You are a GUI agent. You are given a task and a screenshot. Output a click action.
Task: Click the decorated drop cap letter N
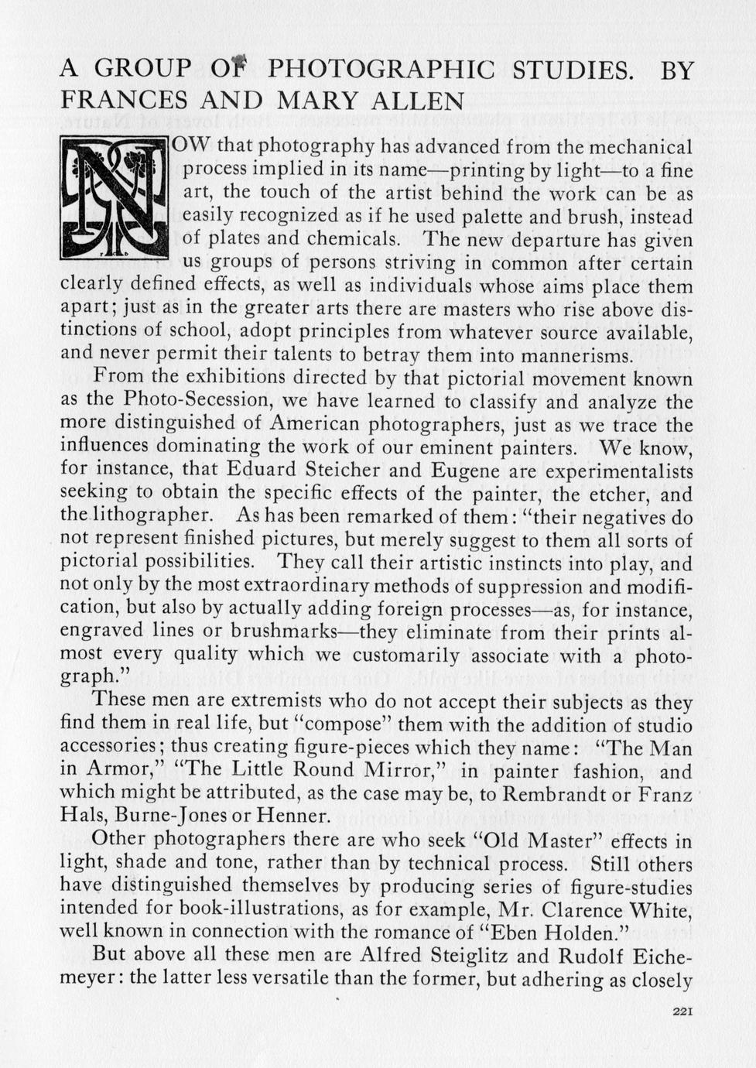click(114, 197)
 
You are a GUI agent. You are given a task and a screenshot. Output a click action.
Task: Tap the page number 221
click(682, 1011)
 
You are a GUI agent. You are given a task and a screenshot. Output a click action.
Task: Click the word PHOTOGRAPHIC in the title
click(381, 70)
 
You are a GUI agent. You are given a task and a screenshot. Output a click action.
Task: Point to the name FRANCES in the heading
click(123, 101)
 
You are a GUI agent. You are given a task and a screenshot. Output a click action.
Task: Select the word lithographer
click(146, 515)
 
